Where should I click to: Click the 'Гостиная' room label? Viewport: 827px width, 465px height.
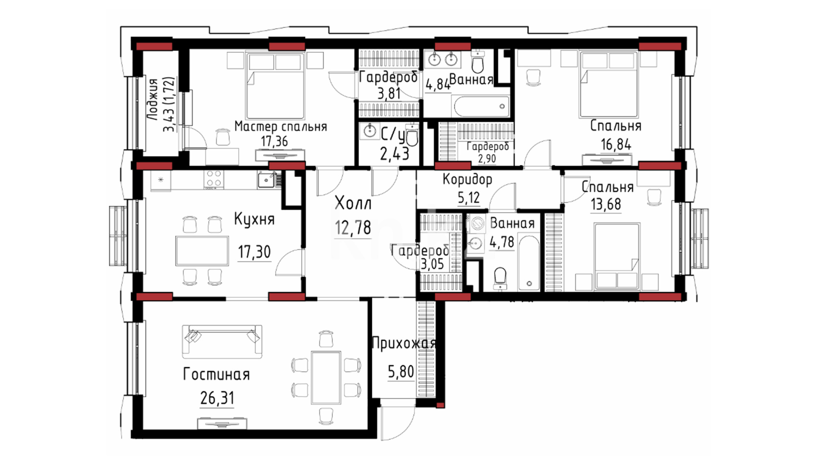216,374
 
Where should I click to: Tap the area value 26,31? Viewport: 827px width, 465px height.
218,398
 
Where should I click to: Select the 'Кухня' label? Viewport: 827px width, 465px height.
254,219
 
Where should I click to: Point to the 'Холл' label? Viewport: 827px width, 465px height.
353,203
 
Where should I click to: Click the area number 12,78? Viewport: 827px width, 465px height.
353,227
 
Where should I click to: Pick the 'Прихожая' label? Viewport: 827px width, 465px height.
404,343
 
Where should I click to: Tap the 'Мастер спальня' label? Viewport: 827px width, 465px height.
281,127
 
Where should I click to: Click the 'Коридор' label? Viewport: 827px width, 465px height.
467,179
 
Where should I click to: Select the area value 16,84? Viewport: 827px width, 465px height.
616,145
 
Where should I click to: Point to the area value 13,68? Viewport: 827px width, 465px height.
606,204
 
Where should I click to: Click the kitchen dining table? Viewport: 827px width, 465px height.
202,251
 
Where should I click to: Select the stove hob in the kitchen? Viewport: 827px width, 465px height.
214,179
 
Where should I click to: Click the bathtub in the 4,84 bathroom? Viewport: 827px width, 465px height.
481,106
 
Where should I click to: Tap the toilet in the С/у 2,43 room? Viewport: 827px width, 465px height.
412,136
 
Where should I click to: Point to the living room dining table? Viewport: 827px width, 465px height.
326,377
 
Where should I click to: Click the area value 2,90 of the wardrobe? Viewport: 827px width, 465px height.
487,159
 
